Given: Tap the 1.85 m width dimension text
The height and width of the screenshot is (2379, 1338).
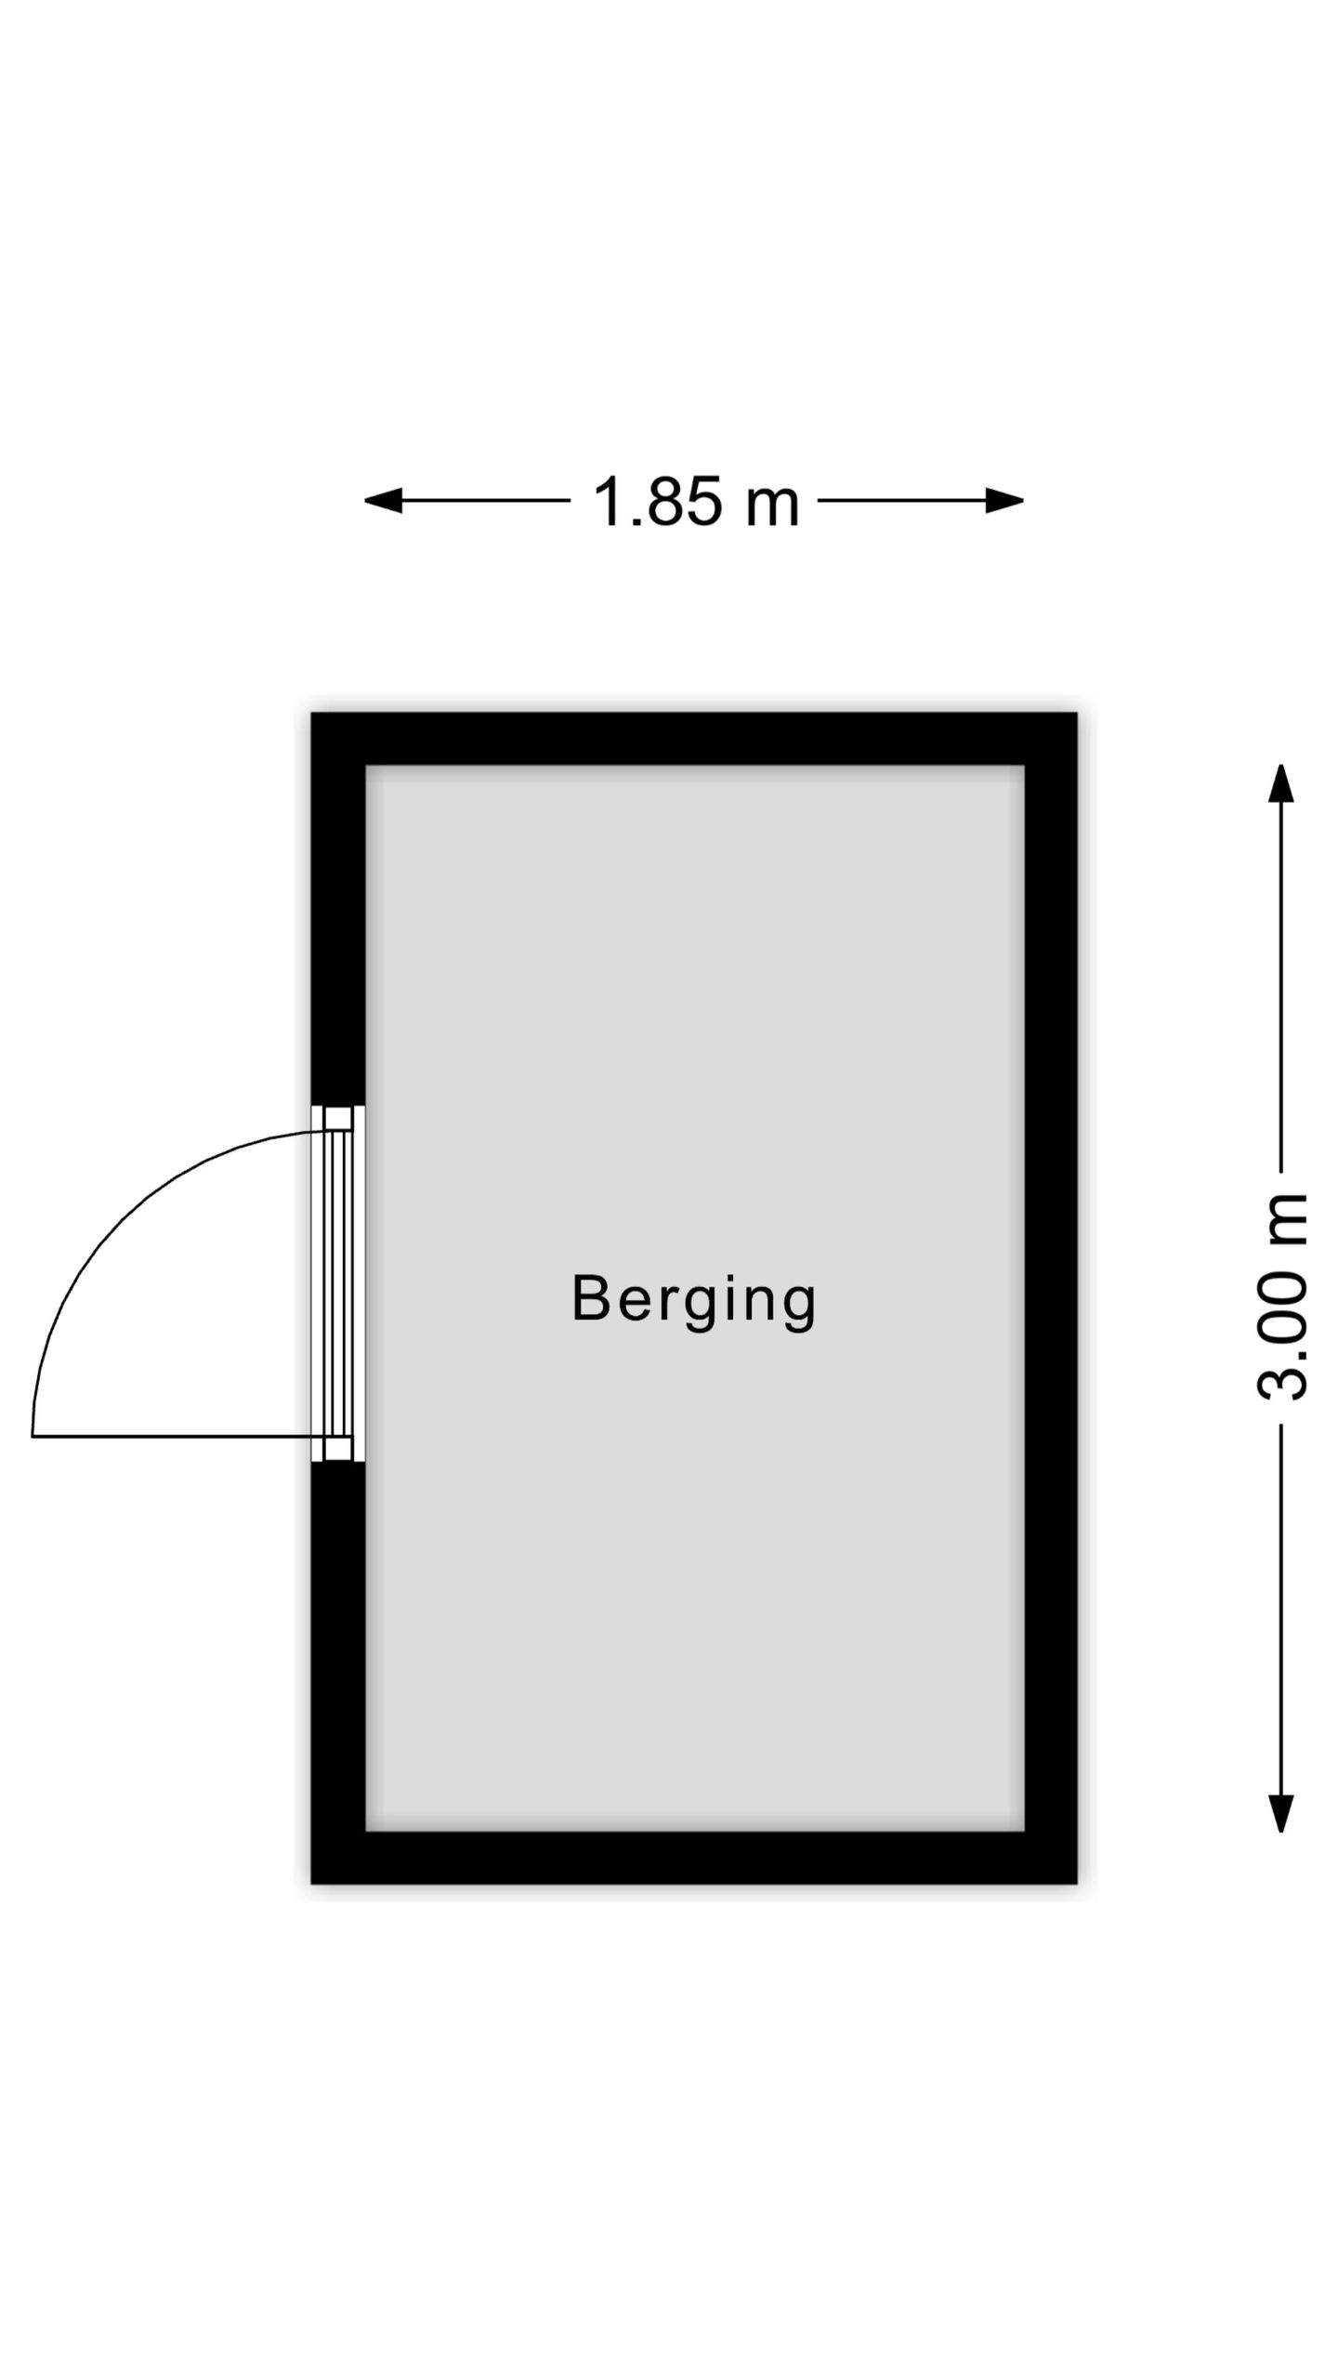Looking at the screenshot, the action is tap(696, 502).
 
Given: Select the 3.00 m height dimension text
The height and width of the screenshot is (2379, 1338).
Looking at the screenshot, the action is tap(1282, 1296).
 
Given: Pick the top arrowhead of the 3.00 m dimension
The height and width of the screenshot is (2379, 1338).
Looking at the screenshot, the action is tap(1281, 782).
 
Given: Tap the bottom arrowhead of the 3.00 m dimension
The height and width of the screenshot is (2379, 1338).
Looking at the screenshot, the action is tap(1281, 1813).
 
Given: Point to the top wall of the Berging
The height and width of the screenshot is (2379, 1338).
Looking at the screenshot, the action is tap(693, 739).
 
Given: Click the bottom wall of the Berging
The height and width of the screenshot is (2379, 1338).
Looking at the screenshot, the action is tap(693, 1858).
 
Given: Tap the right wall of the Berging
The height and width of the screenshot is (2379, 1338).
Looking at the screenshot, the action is tap(1051, 1298).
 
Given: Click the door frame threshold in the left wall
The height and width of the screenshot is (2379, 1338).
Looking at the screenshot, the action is tap(337, 1283).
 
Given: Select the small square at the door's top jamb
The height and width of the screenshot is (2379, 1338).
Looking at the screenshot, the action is tap(338, 1118).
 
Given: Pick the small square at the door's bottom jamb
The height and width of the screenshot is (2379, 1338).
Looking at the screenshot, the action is tap(338, 1449).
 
